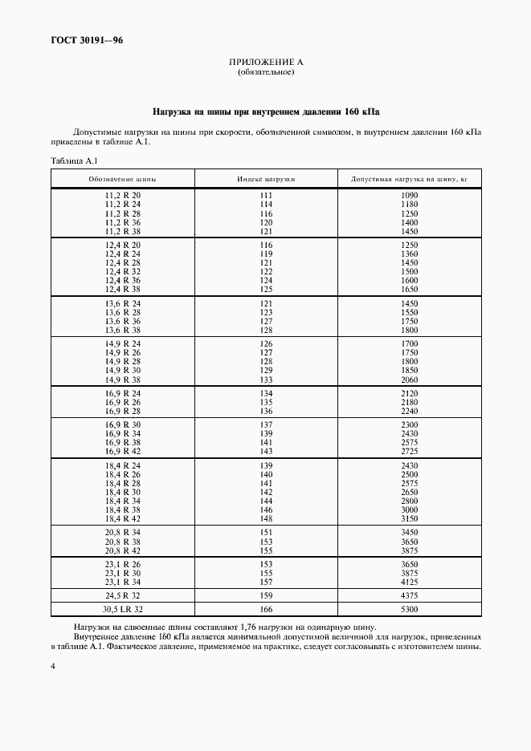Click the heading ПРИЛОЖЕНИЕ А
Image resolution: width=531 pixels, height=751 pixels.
pos(266,63)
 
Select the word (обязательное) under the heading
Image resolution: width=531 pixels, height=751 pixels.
pos(266,73)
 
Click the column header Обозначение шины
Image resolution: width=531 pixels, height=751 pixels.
pos(122,178)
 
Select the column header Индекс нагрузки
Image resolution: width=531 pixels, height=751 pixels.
pos(266,178)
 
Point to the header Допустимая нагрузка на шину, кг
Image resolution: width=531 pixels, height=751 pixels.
pos(409,178)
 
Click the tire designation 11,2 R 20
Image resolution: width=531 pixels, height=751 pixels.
pos(122,196)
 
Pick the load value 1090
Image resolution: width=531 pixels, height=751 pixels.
pos(409,196)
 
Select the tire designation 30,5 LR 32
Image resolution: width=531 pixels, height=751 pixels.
pos(122,610)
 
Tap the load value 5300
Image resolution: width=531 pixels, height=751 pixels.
pos(409,610)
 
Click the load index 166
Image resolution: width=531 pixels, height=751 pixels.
pos(266,610)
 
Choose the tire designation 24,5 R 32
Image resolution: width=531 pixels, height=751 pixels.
pos(122,596)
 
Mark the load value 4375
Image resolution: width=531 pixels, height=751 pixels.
pos(409,596)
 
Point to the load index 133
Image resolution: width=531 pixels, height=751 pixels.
pos(266,380)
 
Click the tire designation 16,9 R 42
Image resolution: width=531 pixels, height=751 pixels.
pos(122,451)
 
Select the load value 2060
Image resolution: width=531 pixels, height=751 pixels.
pos(409,380)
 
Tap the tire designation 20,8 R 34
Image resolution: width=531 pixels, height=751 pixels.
pos(122,533)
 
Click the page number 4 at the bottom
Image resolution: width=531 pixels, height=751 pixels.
pos(52,666)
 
